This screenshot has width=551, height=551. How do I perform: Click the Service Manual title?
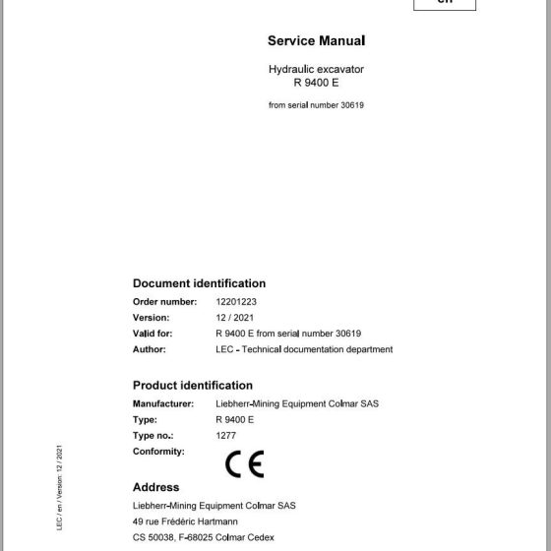pyautogui.click(x=316, y=41)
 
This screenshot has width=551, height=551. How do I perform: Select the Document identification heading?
pyautogui.click(x=199, y=283)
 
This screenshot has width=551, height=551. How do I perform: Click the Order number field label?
pyautogui.click(x=165, y=302)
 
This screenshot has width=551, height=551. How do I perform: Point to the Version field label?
pyautogui.click(x=152, y=318)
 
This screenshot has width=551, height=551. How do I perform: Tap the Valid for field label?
pyautogui.click(x=153, y=334)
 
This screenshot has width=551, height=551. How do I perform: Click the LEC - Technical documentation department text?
pyautogui.click(x=303, y=349)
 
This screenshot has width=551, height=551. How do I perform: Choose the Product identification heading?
pyautogui.click(x=193, y=386)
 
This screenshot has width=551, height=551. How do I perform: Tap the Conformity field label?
pyautogui.click(x=158, y=451)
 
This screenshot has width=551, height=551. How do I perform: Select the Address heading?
pyautogui.click(x=155, y=487)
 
